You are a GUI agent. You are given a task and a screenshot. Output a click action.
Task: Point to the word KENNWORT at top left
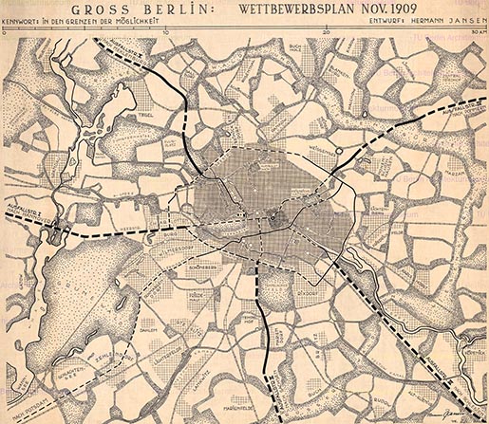25,24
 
